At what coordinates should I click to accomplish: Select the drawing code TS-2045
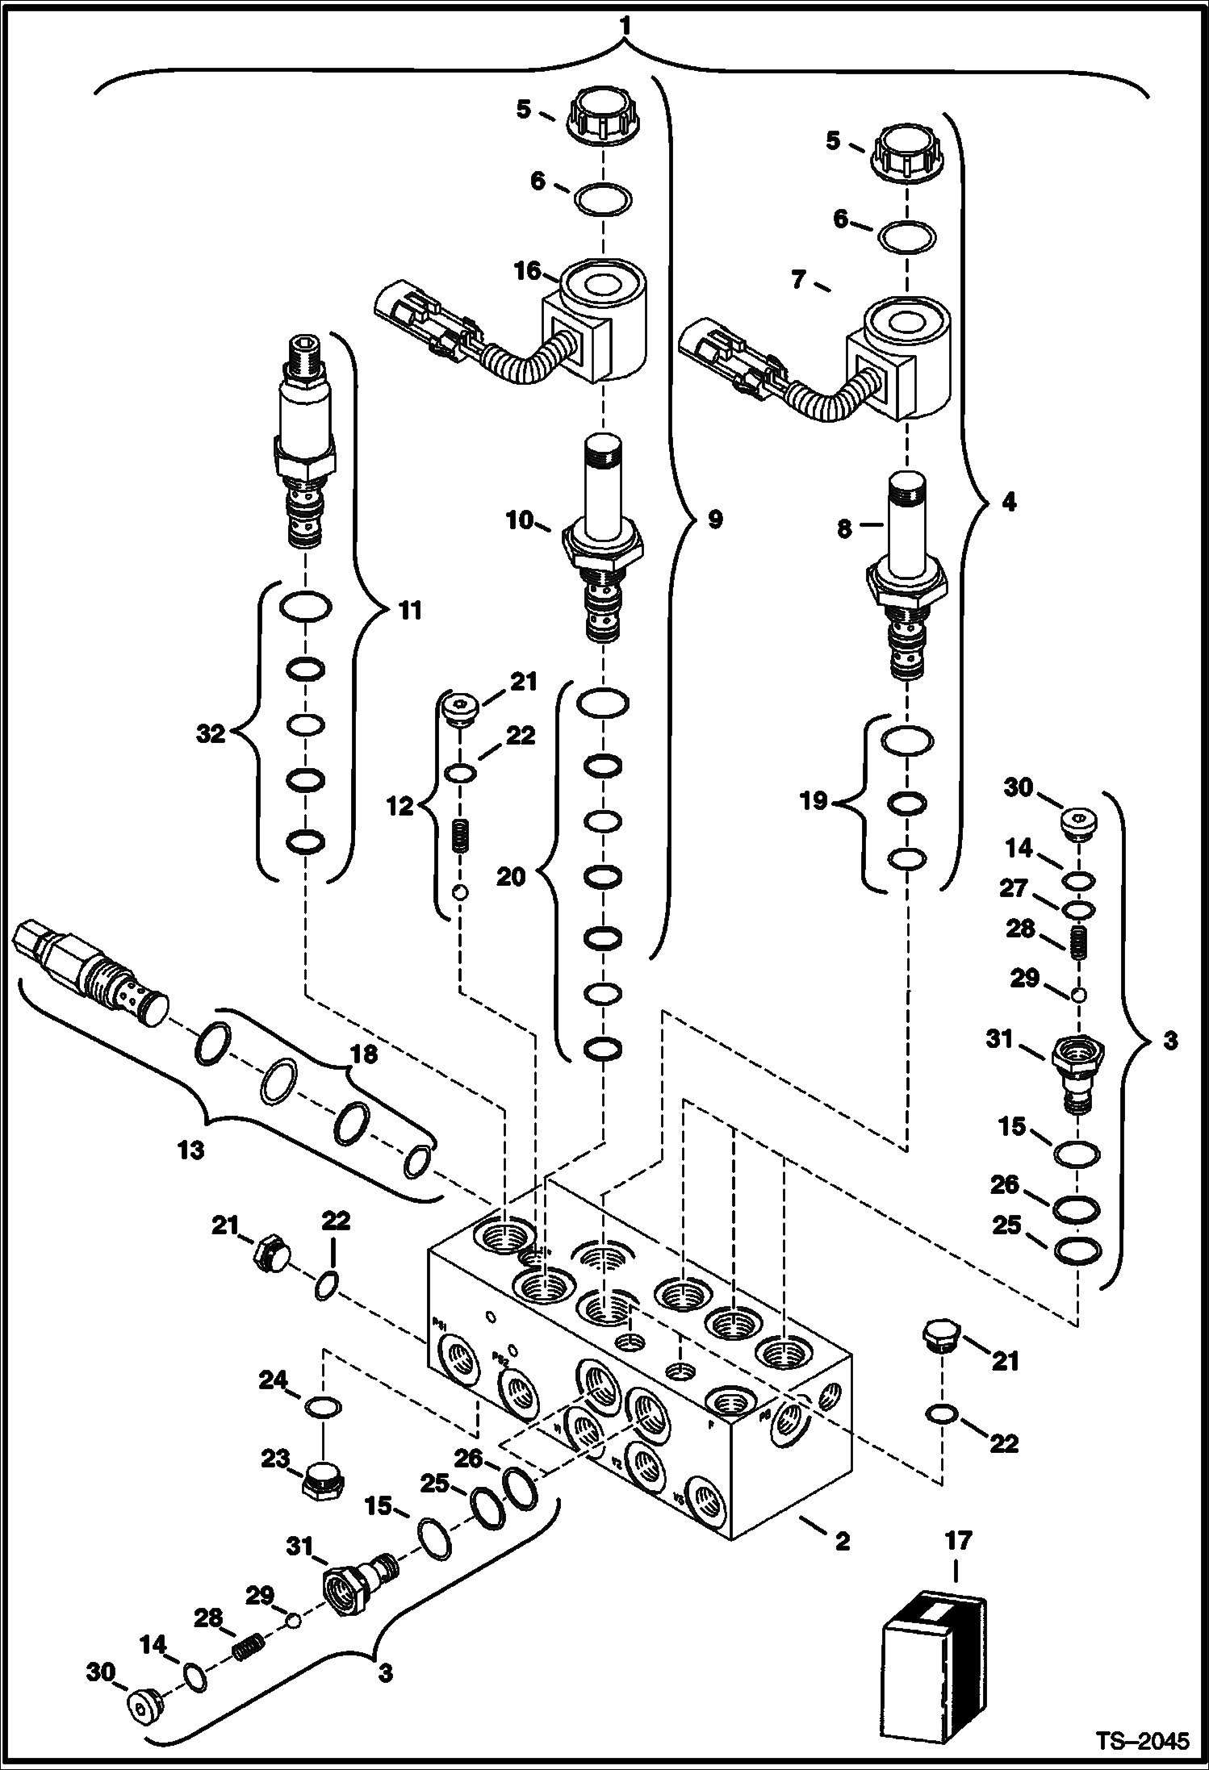tap(1142, 1740)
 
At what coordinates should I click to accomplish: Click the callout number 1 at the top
tap(623, 26)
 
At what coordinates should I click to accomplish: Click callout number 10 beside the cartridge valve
tap(521, 521)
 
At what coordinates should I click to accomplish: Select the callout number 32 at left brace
tap(211, 734)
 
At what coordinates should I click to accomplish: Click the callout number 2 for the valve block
tap(842, 1542)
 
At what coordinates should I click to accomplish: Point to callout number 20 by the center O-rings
tap(511, 876)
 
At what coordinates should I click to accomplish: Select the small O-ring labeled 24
tap(324, 1408)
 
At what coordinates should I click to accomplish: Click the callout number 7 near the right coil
tap(798, 280)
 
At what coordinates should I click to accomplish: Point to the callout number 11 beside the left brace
tap(411, 611)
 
